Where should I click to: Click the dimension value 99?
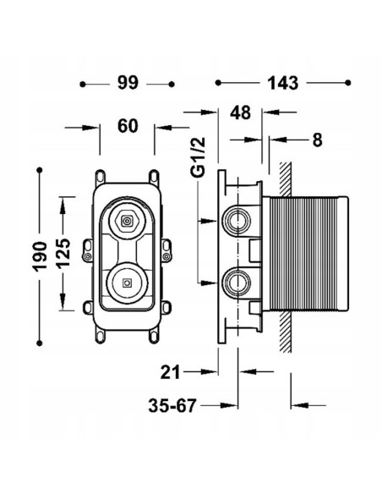[x=128, y=83]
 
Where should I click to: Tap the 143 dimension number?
[x=282, y=83]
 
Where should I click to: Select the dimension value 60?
[x=128, y=126]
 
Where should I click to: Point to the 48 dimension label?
[x=240, y=113]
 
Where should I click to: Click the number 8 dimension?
[x=318, y=140]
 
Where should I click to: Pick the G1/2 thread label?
[x=199, y=157]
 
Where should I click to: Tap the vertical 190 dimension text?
[x=40, y=256]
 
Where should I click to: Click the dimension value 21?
[x=170, y=372]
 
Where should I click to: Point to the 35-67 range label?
[x=172, y=405]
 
